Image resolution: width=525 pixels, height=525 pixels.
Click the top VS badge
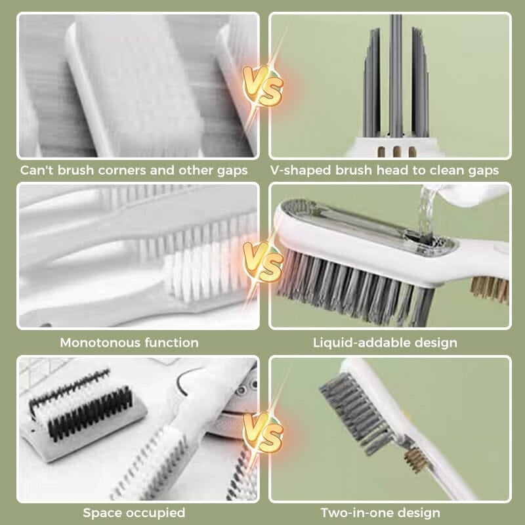262,86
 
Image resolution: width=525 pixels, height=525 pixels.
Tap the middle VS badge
262,258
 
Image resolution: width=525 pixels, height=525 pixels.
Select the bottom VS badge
262,429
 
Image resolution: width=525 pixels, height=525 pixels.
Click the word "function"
173,343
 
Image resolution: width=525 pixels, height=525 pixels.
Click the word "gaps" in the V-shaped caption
482,171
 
